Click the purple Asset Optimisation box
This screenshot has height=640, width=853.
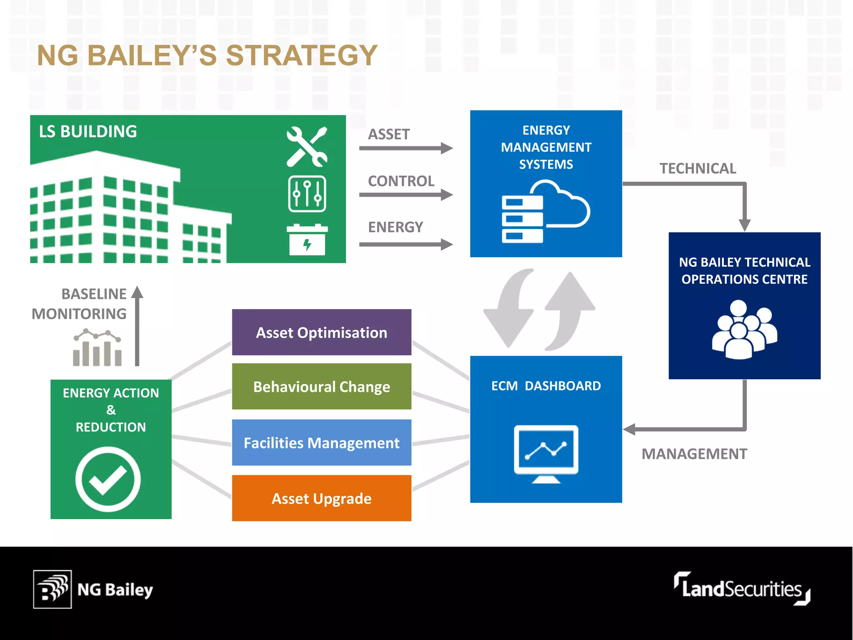322,332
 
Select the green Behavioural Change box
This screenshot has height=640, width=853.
322,386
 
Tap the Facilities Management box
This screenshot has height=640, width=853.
322,442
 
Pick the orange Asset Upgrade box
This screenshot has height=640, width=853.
322,498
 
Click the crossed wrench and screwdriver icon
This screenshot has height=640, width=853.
307,147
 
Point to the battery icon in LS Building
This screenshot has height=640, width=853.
307,240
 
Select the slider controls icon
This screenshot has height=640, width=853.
307,194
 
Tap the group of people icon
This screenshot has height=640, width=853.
744,329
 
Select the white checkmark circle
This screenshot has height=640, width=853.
108,479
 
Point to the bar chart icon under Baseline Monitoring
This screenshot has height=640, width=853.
97,348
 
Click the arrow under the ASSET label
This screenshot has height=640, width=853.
406,148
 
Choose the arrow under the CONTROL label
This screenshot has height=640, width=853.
406,195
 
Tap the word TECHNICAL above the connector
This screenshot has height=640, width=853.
698,168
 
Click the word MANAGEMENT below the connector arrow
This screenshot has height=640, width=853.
694,454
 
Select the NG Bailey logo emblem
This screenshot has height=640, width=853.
52,589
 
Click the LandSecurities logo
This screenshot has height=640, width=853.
742,589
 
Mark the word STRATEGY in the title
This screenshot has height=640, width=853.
302,55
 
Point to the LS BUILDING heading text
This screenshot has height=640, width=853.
88,132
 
